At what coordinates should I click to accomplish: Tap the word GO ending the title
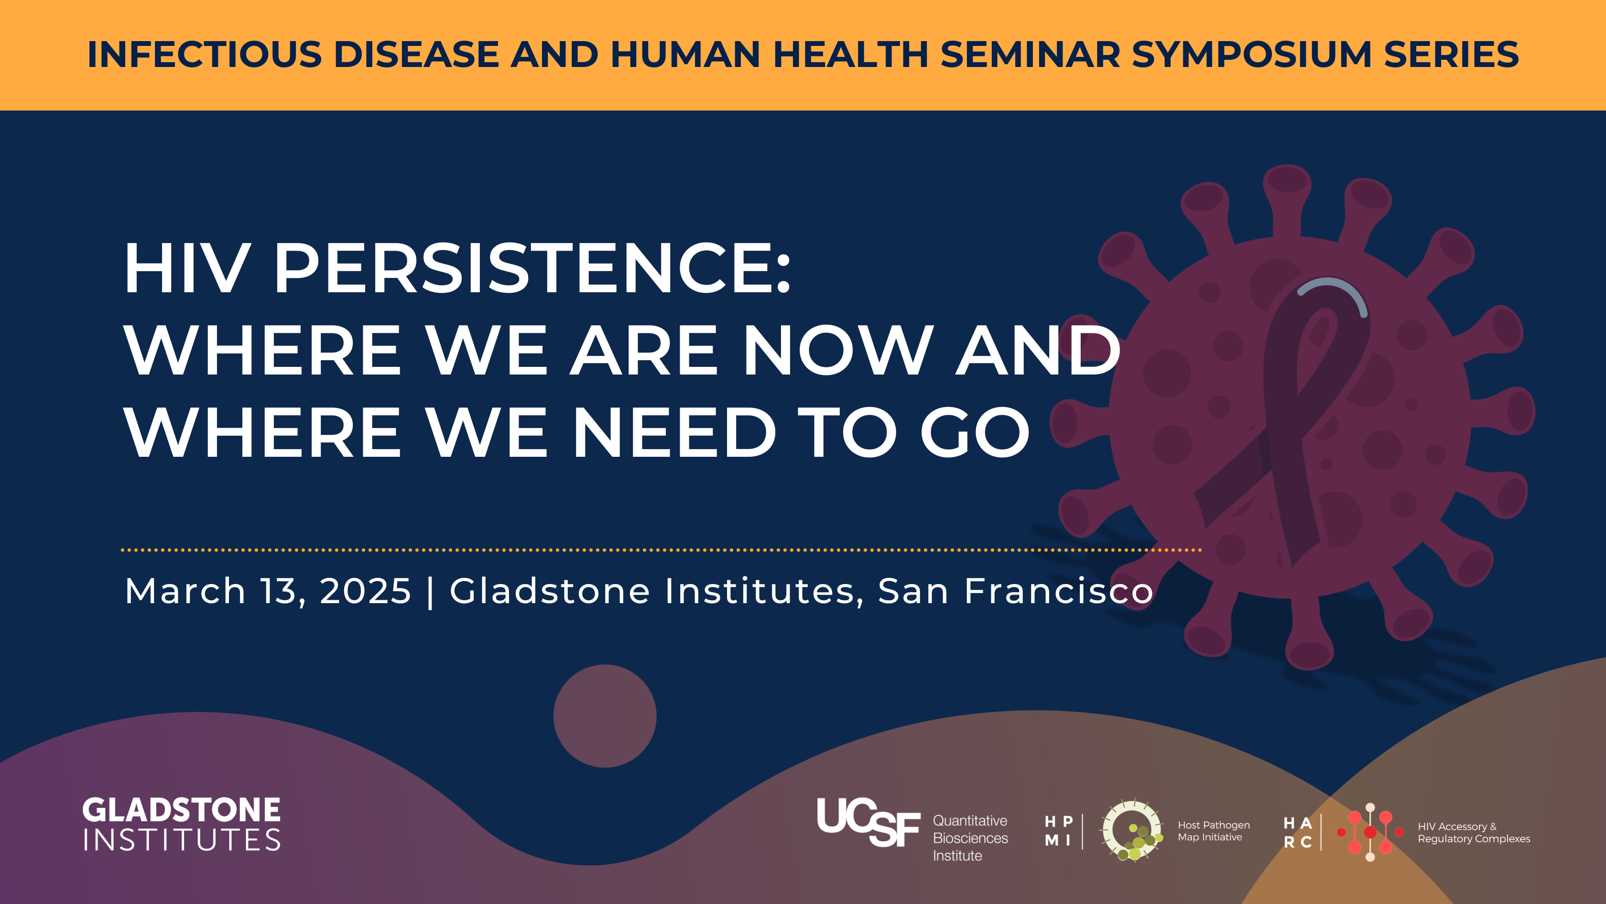tap(975, 432)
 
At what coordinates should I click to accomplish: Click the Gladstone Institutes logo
tap(182, 824)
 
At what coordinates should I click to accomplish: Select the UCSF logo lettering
tap(868, 822)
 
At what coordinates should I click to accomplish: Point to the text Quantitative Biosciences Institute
tap(970, 838)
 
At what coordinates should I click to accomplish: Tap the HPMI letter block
tap(1059, 831)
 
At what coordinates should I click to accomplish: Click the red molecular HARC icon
tap(1370, 832)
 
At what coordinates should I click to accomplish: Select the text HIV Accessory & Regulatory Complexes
tap(1474, 832)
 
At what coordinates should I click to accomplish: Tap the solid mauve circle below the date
tap(605, 716)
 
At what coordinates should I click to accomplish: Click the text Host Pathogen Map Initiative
tap(1213, 831)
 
